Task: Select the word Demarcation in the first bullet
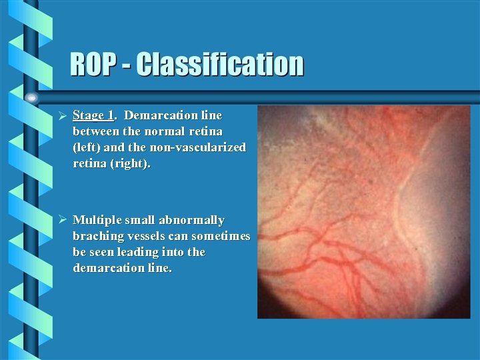pyautogui.click(x=158, y=115)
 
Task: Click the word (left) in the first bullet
pyautogui.click(x=87, y=147)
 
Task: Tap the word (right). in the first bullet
pyautogui.click(x=131, y=163)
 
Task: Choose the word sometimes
pyautogui.click(x=221, y=236)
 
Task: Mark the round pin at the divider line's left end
pyautogui.click(x=31, y=97)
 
